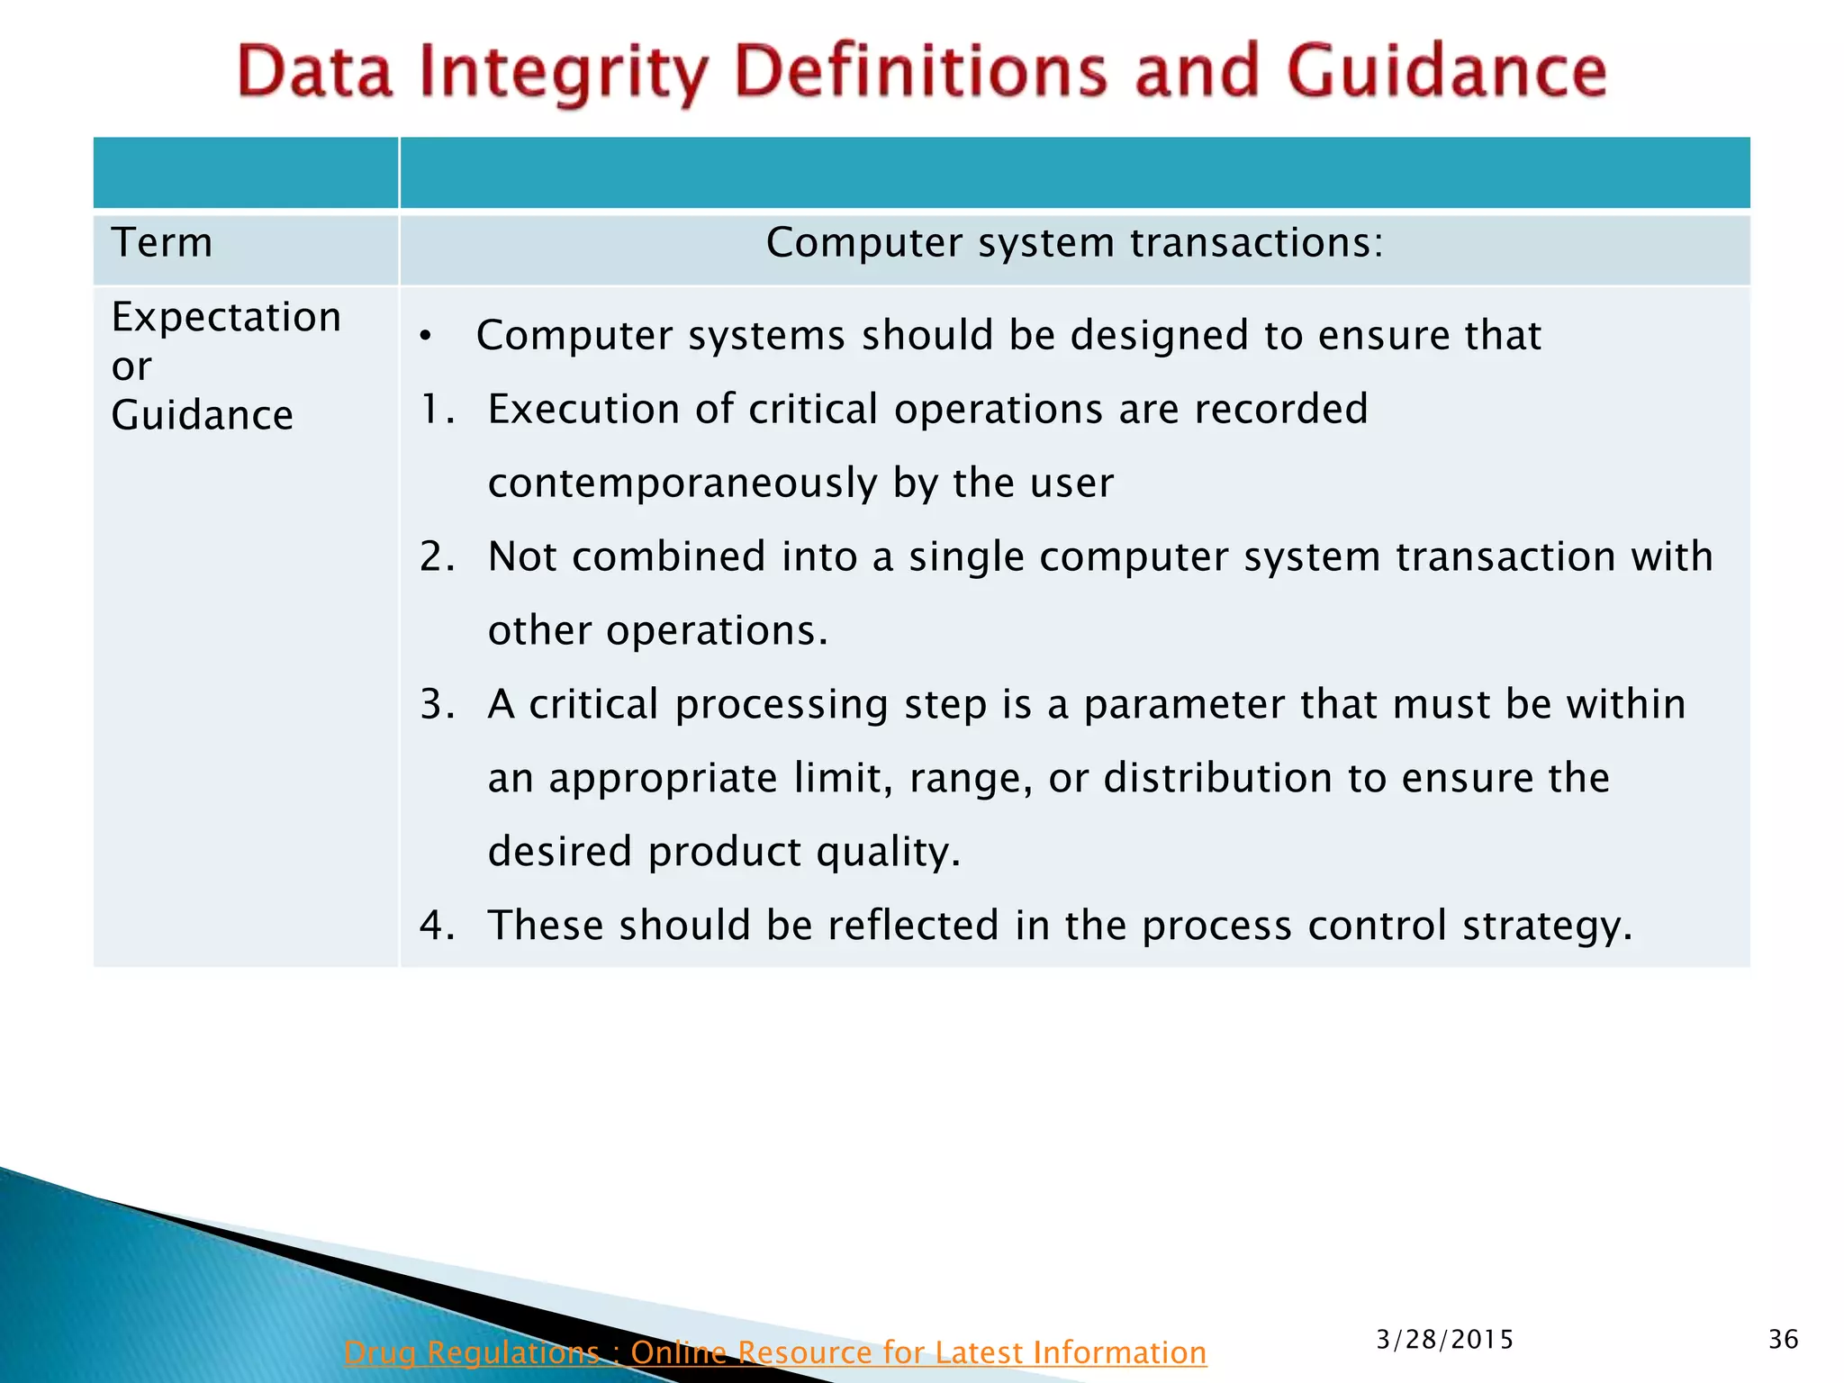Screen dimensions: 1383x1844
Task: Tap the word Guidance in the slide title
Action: click(x=1446, y=72)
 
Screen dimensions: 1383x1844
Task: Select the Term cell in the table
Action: click(x=162, y=243)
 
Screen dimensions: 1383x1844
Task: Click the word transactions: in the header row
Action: click(x=1256, y=243)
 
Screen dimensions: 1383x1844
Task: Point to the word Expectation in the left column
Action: click(x=226, y=317)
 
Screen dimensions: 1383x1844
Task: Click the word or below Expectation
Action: click(x=131, y=366)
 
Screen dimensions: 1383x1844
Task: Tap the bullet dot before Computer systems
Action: click(x=426, y=337)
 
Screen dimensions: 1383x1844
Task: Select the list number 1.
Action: click(x=436, y=410)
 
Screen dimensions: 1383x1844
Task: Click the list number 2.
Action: click(x=436, y=556)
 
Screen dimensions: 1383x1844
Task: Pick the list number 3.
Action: click(x=436, y=704)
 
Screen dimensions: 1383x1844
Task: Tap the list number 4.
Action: click(x=436, y=926)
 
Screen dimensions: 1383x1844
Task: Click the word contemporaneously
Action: click(x=682, y=484)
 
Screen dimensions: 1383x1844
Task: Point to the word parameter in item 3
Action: click(x=1183, y=704)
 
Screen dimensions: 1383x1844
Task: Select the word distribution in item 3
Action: click(x=1216, y=778)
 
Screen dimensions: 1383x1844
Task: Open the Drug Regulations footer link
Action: click(x=774, y=1352)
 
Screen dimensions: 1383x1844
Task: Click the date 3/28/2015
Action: click(x=1444, y=1340)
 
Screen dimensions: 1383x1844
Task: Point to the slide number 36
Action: click(x=1783, y=1340)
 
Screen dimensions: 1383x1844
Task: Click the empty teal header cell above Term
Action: click(x=245, y=173)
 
